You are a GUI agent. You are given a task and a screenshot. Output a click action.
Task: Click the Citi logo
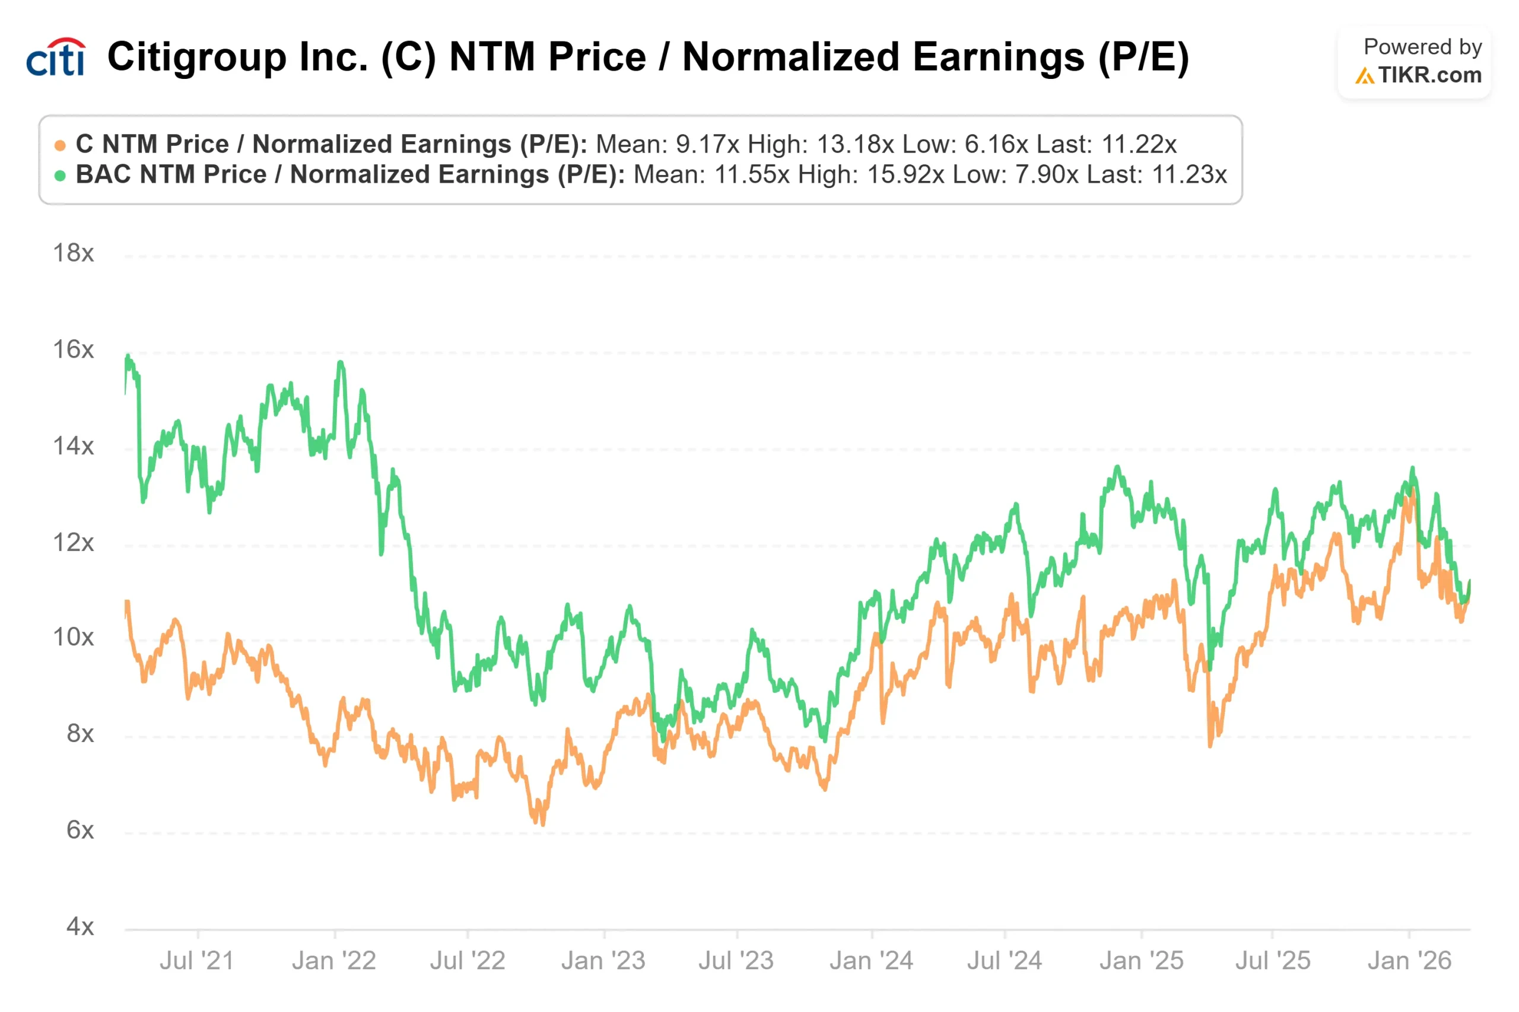[x=56, y=57]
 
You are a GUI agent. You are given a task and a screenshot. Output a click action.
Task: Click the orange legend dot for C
[x=60, y=145]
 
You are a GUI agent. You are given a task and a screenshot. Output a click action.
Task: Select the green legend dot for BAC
[x=60, y=176]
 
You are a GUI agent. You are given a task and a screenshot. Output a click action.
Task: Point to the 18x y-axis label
[x=73, y=253]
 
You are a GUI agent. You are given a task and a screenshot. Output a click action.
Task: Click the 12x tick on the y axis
[x=73, y=543]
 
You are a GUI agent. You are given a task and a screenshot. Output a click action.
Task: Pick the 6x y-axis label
[x=80, y=830]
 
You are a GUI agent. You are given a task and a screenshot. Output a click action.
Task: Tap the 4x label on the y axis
[x=80, y=927]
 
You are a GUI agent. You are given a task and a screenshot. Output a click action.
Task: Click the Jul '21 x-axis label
[x=196, y=961]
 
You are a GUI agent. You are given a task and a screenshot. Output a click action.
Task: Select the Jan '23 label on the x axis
[x=603, y=961]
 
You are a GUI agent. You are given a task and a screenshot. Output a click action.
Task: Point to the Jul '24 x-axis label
[x=1004, y=961]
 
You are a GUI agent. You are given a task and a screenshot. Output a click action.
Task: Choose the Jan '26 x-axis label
[x=1409, y=961]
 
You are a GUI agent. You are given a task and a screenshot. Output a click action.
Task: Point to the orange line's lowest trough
[x=541, y=823]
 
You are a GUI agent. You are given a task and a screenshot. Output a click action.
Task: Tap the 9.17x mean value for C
[x=707, y=145]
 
